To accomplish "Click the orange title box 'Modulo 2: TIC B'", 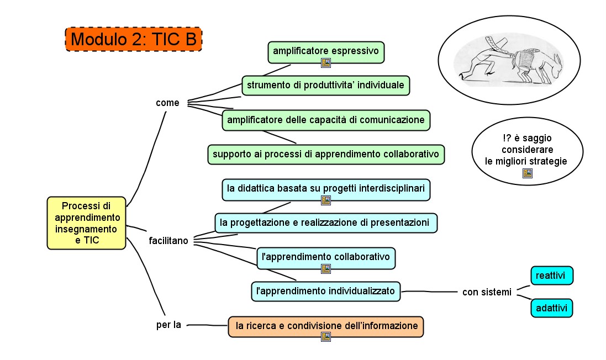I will (x=134, y=40).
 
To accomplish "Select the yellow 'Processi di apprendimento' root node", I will (x=86, y=223).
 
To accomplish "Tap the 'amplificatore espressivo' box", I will (x=326, y=51).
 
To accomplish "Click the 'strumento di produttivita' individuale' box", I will (x=326, y=86).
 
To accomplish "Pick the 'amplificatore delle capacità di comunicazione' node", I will (x=326, y=120).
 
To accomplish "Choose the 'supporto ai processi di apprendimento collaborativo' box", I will (x=326, y=154).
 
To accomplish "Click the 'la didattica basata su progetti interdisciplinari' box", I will (x=326, y=188).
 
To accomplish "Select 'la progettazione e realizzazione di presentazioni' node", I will (x=326, y=223).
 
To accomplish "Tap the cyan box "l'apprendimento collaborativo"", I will (x=326, y=257).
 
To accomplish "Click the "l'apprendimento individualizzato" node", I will (x=326, y=290).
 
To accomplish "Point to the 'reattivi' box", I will (x=552, y=276).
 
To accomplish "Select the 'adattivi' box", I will (x=551, y=308).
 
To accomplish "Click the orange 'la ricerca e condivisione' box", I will (x=326, y=326).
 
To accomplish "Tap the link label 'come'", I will (x=167, y=103).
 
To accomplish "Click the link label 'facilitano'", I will (x=168, y=241).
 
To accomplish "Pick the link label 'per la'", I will (x=168, y=325).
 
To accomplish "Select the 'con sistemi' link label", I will (x=487, y=292).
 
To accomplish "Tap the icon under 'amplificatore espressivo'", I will (x=326, y=63).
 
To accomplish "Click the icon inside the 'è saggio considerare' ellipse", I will (x=527, y=173).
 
